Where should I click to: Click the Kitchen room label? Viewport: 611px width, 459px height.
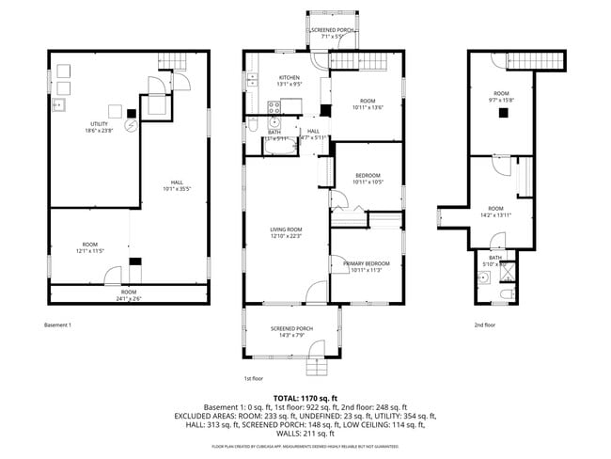click(x=289, y=77)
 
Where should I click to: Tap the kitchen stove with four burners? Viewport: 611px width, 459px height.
click(x=274, y=105)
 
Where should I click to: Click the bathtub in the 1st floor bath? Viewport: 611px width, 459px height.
click(x=278, y=146)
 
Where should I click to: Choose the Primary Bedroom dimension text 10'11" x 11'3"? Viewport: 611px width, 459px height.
click(x=368, y=270)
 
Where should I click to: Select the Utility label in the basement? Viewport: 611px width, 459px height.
click(x=99, y=124)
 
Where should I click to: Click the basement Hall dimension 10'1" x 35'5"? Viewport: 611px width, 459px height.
click(x=176, y=188)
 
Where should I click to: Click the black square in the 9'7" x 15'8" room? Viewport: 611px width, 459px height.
click(x=504, y=112)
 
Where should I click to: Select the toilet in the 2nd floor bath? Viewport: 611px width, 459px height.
click(x=506, y=295)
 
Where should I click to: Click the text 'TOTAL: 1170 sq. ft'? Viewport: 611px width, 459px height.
click(x=305, y=397)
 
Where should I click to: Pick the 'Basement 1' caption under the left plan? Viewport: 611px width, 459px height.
click(x=58, y=325)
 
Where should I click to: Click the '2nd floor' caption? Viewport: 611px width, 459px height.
click(x=485, y=325)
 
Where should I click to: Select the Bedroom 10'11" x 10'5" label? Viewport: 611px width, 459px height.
click(x=368, y=179)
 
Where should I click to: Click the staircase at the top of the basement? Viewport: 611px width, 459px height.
click(x=179, y=62)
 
